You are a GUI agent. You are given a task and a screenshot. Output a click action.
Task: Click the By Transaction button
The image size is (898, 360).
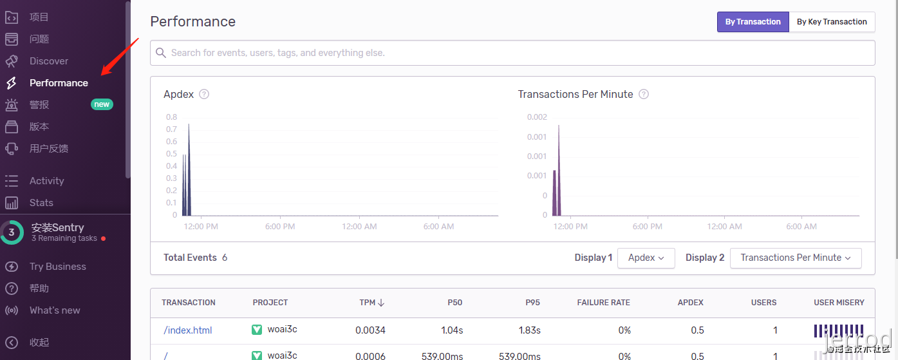(753, 22)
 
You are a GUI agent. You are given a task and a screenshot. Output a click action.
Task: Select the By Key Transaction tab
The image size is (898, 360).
(832, 22)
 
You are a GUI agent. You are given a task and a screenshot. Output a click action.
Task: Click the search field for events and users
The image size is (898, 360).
(512, 53)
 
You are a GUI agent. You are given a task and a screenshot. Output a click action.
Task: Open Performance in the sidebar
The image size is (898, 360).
(59, 83)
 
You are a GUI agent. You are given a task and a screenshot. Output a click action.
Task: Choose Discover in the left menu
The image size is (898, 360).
(48, 61)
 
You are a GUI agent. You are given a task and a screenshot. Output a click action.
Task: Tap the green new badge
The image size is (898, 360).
(102, 104)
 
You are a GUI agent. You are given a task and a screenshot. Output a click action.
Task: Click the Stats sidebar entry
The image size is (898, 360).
(41, 203)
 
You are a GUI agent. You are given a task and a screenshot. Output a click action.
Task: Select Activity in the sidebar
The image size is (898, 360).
(46, 181)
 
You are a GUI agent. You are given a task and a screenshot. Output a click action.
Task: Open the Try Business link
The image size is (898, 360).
(57, 267)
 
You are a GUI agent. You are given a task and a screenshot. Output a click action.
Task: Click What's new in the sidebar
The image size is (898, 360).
(55, 310)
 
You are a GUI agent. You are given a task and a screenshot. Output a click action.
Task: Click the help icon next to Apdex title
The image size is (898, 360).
(204, 94)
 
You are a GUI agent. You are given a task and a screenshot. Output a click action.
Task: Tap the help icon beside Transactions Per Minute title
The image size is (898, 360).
(643, 94)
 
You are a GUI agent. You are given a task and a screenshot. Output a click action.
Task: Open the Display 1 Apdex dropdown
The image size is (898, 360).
(646, 258)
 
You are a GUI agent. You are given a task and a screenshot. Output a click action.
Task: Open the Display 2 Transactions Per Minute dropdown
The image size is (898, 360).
(795, 258)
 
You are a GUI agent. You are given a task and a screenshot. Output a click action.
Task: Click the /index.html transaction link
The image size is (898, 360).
(188, 330)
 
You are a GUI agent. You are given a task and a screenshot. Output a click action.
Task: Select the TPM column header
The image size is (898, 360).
(371, 303)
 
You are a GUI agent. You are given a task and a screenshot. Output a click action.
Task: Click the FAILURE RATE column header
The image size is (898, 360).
(603, 303)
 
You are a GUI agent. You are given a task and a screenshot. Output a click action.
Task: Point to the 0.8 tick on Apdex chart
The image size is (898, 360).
(171, 117)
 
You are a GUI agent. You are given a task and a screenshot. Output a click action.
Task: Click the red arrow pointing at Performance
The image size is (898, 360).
(121, 56)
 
